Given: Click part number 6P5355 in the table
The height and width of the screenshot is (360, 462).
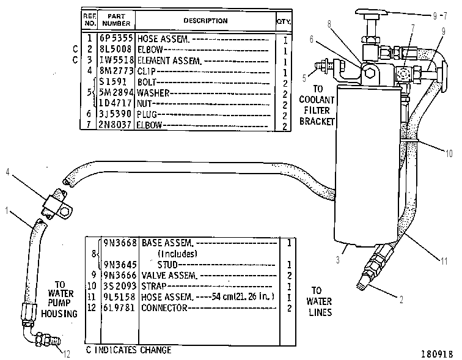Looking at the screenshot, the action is point(116,38).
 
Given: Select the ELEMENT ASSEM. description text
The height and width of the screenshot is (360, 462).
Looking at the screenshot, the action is point(169,61).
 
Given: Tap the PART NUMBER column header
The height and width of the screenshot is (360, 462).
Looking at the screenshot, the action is point(116,20).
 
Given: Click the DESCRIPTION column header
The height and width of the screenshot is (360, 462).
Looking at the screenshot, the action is point(205,21).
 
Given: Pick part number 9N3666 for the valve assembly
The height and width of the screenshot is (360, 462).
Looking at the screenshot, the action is point(120,275).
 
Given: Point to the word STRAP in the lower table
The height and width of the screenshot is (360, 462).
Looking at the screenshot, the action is point(154,286).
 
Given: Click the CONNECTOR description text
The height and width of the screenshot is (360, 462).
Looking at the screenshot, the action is point(164,308).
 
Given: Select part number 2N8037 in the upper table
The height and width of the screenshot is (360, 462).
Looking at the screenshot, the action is point(115,125).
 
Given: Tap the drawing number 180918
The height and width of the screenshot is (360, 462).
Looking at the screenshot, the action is point(437,353).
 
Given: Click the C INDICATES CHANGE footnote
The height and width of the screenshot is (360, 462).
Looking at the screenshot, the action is point(128,350).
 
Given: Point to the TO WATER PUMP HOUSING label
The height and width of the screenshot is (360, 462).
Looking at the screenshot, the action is point(59,299).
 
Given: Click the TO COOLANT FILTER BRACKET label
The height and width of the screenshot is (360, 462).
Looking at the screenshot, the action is point(317,105).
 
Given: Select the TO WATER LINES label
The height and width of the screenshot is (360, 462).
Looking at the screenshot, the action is point(319,301).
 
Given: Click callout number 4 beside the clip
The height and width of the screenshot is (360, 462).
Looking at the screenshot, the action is point(8,172).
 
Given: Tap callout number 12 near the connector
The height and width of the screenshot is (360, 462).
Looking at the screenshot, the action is point(67,353).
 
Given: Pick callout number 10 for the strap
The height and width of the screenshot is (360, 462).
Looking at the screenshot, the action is point(449,153).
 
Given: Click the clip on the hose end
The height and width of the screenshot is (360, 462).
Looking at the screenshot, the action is point(57,204).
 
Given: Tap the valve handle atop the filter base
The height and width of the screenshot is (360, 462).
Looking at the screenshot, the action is point(371,12).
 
